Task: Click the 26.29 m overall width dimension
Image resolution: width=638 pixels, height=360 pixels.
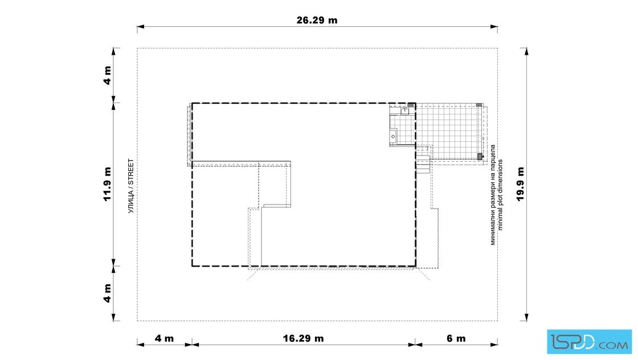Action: tap(317, 20)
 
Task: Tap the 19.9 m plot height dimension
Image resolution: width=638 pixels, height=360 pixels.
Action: tap(521, 184)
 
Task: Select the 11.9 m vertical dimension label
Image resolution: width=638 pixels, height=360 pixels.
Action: tap(107, 184)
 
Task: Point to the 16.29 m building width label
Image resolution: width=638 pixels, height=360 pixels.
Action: tap(303, 338)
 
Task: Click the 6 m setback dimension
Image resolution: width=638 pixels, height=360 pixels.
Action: tap(456, 338)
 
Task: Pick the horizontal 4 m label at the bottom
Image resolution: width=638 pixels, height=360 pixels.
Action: tap(165, 338)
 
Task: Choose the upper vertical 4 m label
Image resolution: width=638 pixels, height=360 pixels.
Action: tap(107, 75)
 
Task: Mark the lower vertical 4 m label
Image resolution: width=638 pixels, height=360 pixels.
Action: tap(107, 293)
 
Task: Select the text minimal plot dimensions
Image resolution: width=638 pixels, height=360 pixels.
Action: tap(500, 195)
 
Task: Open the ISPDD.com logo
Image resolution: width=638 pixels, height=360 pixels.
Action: tap(589, 342)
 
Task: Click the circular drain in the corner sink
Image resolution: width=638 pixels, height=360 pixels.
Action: tap(393, 137)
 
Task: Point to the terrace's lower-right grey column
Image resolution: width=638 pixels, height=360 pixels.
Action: tap(480, 156)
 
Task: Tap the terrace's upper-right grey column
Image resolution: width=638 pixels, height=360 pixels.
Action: tap(479, 105)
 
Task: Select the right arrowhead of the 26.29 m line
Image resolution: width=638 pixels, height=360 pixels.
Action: tap(494, 27)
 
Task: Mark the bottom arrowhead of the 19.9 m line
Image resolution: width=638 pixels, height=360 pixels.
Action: tap(526, 317)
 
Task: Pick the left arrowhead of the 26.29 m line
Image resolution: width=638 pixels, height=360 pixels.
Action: tap(140, 27)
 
